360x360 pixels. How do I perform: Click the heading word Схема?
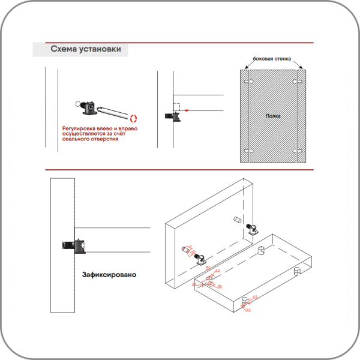(x=64, y=50)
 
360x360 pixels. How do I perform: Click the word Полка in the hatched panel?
(x=273, y=115)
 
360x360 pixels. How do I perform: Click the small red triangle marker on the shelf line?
(x=187, y=110)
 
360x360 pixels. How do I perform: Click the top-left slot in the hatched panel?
(x=248, y=80)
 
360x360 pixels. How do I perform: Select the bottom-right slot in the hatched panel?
(x=298, y=150)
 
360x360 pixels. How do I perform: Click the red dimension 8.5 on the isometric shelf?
(x=254, y=297)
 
